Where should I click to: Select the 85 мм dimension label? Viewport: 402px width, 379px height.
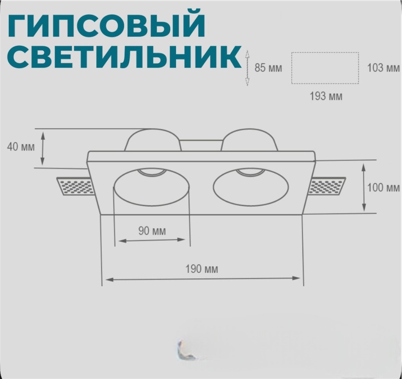(268, 68)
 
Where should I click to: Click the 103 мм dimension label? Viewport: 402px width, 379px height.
(383, 68)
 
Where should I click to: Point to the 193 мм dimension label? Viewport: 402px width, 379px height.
(326, 97)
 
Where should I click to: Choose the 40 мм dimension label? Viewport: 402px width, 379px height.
(21, 147)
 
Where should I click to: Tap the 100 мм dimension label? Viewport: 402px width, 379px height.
(383, 188)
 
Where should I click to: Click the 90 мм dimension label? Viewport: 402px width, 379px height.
(152, 231)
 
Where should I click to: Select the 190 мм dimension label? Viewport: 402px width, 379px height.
(202, 269)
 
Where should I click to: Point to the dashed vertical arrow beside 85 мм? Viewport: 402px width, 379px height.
(247, 68)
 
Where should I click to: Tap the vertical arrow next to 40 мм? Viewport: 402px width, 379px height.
(42, 148)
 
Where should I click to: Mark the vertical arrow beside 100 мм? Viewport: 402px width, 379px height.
(363, 188)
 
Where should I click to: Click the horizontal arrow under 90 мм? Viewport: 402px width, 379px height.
(152, 240)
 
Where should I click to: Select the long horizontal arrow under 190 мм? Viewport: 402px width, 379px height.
(203, 279)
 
